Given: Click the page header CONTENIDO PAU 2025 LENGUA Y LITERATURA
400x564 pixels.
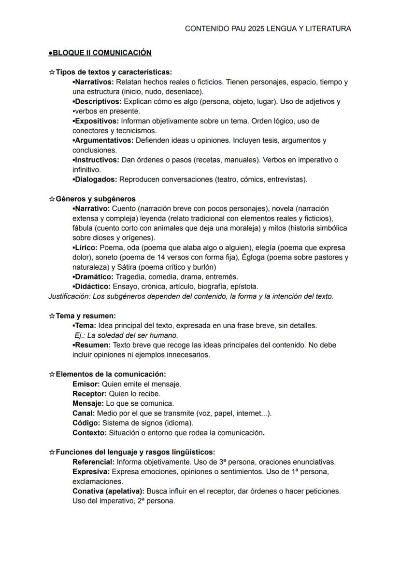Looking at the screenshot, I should coord(268,29).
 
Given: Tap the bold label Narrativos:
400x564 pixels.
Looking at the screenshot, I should coord(94,82).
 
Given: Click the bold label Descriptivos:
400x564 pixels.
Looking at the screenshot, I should coord(98,101).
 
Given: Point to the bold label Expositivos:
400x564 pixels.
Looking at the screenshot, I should coord(97,121).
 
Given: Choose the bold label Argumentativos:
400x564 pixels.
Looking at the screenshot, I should coord(104,140).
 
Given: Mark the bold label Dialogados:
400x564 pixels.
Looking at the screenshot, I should coord(96,179).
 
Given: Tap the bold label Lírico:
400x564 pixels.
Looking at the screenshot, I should coord(86,248).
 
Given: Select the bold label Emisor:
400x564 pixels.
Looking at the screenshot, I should coord(86,384).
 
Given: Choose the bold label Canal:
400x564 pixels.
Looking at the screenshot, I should coord(84,413).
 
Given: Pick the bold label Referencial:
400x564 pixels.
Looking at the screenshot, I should coord(94,462).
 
